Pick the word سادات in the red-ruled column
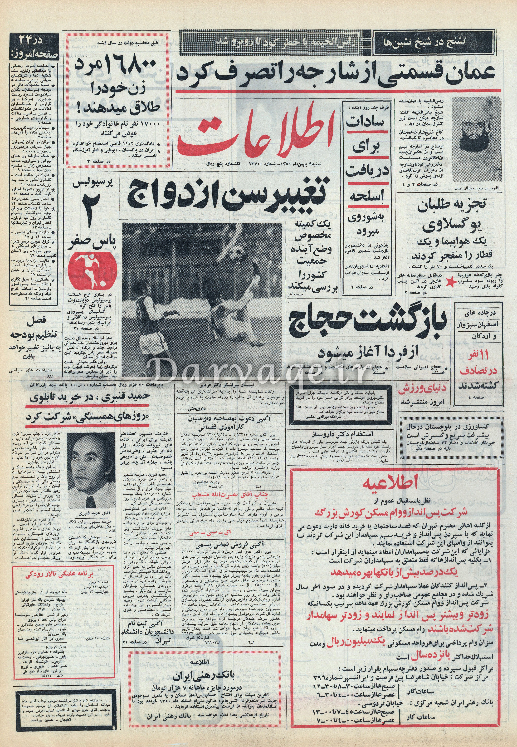[x=365, y=122]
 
